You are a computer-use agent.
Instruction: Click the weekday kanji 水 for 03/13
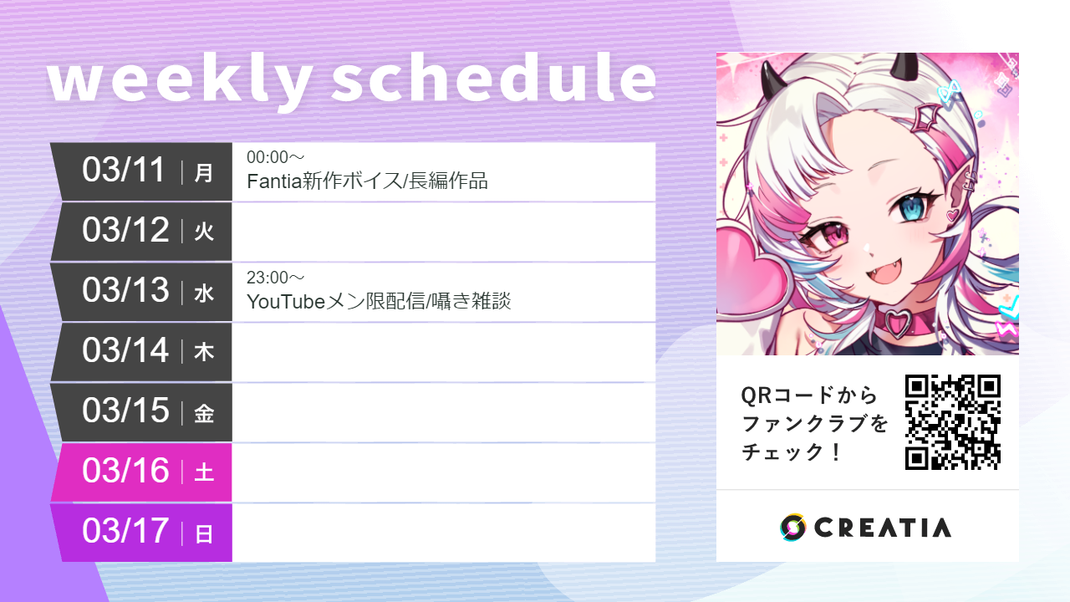pos(204,293)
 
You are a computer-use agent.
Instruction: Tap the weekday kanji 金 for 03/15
pos(204,413)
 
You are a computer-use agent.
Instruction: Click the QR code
pos(953,421)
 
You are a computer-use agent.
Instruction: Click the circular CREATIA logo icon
pos(792,528)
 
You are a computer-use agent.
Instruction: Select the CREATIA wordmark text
pos(883,528)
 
